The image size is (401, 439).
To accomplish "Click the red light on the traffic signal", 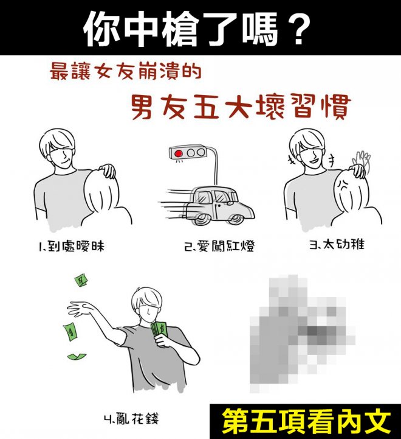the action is coord(179,153).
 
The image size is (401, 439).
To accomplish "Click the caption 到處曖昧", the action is coord(76,246).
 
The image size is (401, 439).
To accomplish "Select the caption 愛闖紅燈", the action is coord(225,246).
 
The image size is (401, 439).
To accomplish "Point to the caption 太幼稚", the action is coord(343,244).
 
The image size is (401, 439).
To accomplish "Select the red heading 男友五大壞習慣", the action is coord(241,107).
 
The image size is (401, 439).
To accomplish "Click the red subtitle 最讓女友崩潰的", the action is coord(126,72).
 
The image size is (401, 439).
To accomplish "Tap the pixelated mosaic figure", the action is coord(302,333).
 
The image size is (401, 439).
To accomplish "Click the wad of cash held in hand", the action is coord(159,330).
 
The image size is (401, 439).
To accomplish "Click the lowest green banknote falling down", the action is coord(77,356).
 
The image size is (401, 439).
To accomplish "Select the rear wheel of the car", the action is coord(201,220).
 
